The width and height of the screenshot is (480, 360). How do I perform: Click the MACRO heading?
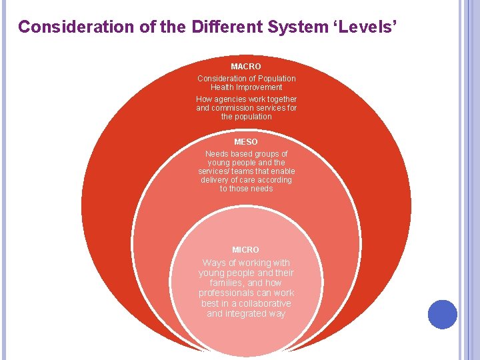[246, 67]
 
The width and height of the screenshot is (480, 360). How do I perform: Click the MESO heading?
[246, 142]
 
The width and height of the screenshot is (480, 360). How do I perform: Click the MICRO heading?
[246, 250]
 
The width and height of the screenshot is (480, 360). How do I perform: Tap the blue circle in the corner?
[442, 314]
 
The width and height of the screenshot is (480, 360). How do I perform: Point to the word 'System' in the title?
[297, 27]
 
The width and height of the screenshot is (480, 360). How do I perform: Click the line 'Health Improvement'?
[246, 87]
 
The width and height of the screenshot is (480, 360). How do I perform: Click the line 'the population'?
[246, 117]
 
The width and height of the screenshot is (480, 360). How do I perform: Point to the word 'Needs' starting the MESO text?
[216, 154]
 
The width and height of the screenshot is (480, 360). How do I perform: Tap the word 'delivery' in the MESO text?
[214, 180]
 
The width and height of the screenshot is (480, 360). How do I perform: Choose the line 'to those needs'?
[246, 189]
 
